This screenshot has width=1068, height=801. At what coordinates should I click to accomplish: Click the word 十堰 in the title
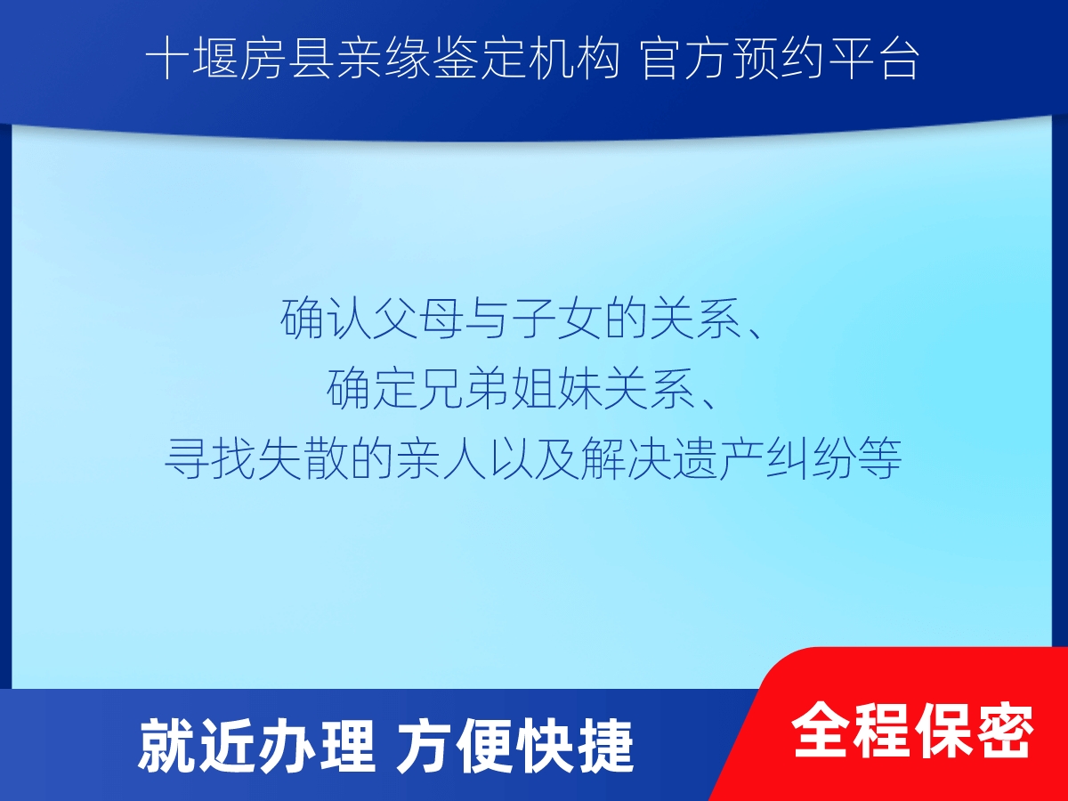point(191,59)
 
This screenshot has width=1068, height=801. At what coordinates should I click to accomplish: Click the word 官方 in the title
point(687,59)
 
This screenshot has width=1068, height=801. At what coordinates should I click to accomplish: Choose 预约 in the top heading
point(780,59)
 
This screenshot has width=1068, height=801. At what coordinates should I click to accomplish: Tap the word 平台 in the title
point(873,59)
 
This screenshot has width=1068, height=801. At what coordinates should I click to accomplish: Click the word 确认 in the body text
point(326,319)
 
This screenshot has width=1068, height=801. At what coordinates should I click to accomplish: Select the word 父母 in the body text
point(418,319)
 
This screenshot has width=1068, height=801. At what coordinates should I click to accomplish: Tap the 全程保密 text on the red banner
point(913,731)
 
